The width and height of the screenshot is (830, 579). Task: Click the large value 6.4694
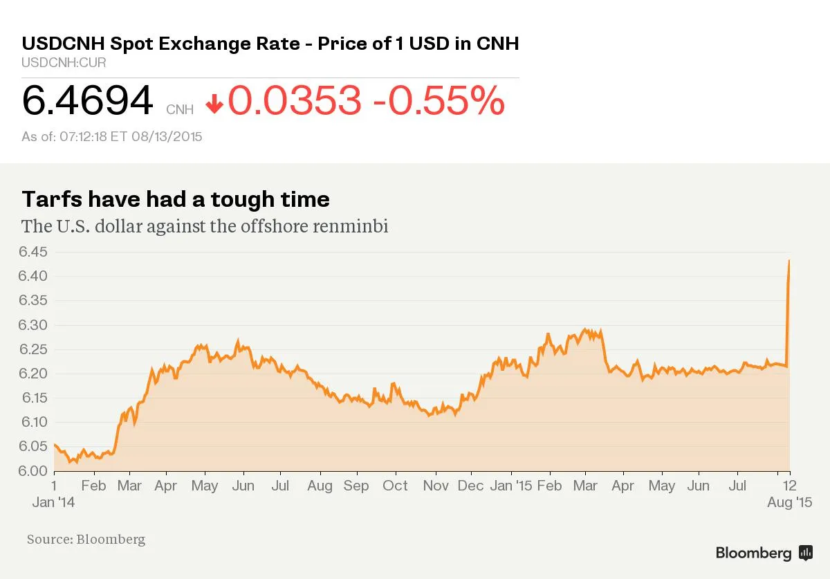pyautogui.click(x=87, y=101)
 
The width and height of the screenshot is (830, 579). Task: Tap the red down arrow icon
pyautogui.click(x=214, y=104)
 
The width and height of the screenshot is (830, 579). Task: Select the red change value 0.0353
pyautogui.click(x=295, y=101)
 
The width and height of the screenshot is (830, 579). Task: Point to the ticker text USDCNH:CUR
pyautogui.click(x=64, y=63)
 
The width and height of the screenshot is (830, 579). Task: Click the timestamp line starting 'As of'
pyautogui.click(x=111, y=136)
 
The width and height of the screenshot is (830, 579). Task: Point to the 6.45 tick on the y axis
pyautogui.click(x=33, y=252)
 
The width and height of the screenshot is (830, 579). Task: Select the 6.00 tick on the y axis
pyautogui.click(x=33, y=471)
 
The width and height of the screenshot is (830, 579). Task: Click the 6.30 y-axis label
pyautogui.click(x=33, y=325)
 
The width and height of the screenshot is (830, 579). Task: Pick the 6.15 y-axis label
pyautogui.click(x=33, y=398)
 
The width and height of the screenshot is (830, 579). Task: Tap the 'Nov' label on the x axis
pyautogui.click(x=436, y=486)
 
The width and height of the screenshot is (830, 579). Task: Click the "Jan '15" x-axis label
pyautogui.click(x=510, y=486)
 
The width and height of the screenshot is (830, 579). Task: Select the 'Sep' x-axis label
pyautogui.click(x=356, y=486)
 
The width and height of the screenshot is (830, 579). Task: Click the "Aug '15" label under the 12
pyautogui.click(x=789, y=502)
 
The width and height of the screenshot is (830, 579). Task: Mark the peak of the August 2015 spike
pyautogui.click(x=789, y=261)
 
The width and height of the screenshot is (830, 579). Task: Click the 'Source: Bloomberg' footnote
pyautogui.click(x=86, y=539)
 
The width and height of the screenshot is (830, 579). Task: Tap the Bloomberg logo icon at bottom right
pyautogui.click(x=805, y=553)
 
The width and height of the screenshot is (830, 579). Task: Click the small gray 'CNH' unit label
pyautogui.click(x=179, y=109)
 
